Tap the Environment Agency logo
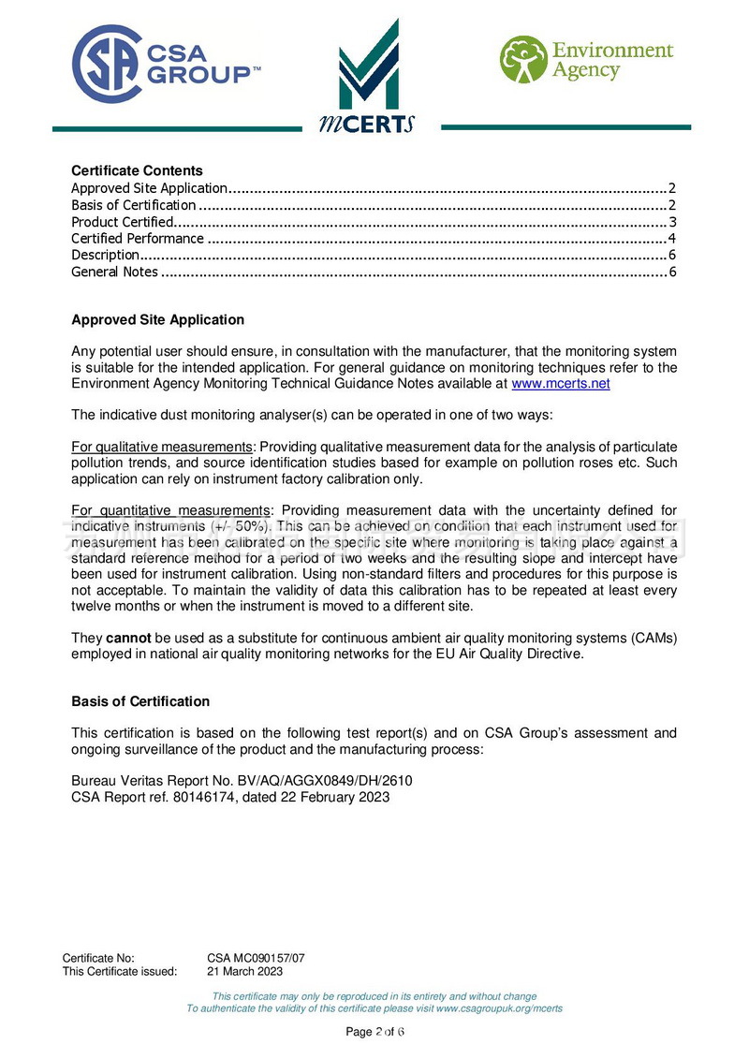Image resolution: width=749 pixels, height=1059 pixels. point(586,60)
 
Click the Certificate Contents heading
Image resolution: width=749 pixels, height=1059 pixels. point(137,170)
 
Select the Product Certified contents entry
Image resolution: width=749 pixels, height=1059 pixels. point(123,222)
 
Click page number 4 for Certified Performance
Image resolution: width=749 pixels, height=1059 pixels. point(672,239)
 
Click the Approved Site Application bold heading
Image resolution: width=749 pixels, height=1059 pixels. point(157,320)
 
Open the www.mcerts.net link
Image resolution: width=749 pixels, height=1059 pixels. point(560,384)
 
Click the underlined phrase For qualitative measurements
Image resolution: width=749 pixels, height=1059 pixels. point(162,448)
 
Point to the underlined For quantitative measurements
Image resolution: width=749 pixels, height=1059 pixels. point(169,510)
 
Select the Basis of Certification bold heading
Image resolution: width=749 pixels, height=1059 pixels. point(140,701)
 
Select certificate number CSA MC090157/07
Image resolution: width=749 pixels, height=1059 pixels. point(256,958)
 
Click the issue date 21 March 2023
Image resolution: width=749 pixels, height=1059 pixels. point(244,971)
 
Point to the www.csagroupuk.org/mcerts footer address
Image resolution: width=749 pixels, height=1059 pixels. point(499,1008)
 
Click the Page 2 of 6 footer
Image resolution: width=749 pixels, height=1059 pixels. point(374,1032)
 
